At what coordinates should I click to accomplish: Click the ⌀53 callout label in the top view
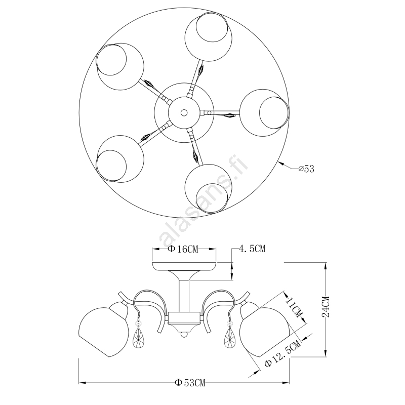306,169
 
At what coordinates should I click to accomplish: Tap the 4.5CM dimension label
252,249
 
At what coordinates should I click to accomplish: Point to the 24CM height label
326,306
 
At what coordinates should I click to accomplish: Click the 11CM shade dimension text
294,307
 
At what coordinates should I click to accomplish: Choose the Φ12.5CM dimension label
283,353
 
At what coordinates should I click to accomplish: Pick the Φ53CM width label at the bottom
190,383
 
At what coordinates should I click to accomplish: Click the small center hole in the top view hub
184,112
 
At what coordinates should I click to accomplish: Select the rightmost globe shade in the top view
264,112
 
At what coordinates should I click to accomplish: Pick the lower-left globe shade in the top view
119,158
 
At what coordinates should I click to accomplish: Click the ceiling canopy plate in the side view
184,266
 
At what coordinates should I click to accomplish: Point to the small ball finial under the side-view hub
184,335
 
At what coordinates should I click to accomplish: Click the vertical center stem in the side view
184,296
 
